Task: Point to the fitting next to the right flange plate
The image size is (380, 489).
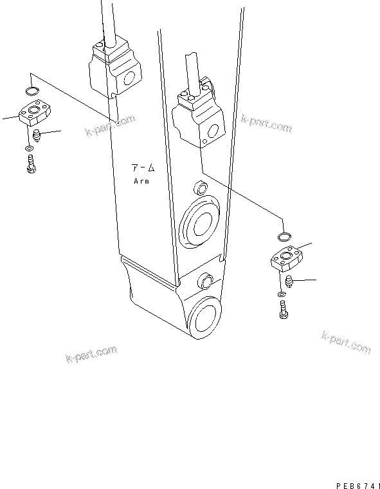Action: click(288, 282)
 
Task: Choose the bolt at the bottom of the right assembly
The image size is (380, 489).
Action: click(284, 310)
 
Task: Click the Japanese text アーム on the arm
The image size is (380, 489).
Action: click(143, 168)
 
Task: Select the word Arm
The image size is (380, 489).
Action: click(141, 182)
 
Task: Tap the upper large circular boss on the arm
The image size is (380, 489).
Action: click(201, 223)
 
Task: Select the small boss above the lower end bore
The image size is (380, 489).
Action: click(206, 281)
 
